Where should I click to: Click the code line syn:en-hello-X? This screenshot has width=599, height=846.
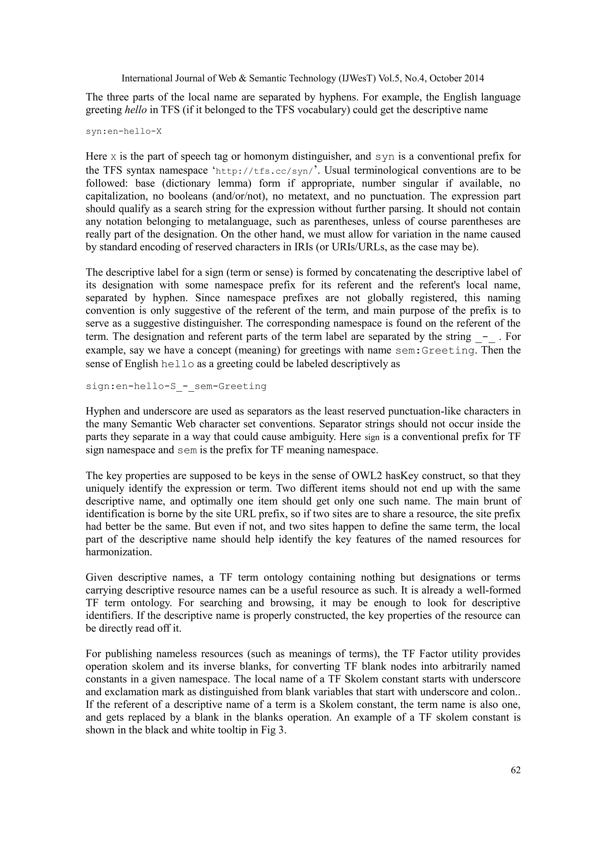(123, 131)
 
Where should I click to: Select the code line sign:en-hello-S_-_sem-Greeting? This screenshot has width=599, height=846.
(176, 386)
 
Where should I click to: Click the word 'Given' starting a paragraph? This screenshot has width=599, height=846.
(99, 577)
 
